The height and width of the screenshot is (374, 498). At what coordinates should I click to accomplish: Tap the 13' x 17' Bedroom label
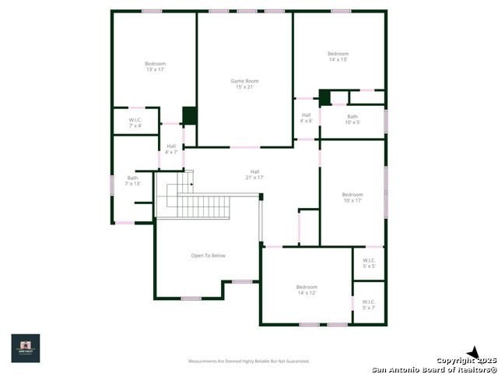[x=155, y=66]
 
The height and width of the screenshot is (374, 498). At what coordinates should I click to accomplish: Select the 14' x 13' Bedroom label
[x=338, y=56]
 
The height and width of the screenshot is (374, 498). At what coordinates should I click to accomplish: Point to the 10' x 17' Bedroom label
[x=352, y=197]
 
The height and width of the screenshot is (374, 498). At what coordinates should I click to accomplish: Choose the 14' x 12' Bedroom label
[x=307, y=290]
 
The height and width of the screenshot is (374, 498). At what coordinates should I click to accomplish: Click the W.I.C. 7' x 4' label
[x=135, y=122]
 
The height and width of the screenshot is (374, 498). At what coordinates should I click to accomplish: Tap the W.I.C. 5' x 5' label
[x=369, y=263]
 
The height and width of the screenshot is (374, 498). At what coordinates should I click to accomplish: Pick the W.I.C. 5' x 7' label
[x=369, y=305]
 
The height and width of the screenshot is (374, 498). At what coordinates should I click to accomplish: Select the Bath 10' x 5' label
[x=352, y=119]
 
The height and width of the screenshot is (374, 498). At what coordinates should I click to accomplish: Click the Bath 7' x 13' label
[x=132, y=181]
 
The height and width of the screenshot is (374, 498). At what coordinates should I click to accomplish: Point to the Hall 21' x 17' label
[x=254, y=175]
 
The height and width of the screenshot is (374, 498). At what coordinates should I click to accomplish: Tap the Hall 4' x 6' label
[x=307, y=118]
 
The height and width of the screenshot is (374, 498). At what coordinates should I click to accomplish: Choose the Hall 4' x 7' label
[x=171, y=149]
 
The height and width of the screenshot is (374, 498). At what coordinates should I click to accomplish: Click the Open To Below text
[x=208, y=256]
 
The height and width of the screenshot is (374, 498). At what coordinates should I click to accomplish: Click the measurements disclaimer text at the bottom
[x=249, y=362]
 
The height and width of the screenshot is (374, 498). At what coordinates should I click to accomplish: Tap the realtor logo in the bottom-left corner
[x=26, y=348]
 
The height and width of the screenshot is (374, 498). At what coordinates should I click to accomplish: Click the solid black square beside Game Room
[x=189, y=115]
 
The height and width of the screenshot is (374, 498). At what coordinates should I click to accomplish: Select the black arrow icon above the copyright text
[x=472, y=352]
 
